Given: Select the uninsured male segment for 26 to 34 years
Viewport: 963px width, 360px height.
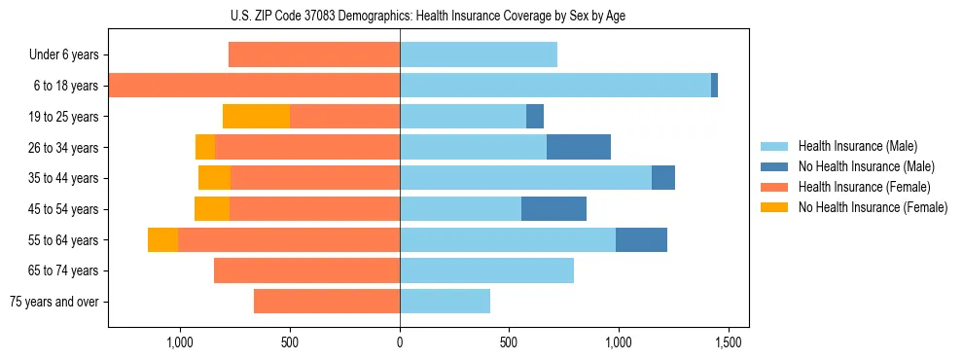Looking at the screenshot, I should point(579,147).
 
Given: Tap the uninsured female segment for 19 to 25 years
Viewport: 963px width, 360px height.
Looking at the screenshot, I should point(257,117).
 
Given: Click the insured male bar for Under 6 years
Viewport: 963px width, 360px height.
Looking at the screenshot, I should point(479,54).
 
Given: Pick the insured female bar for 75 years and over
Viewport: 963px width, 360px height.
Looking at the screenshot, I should point(327,302).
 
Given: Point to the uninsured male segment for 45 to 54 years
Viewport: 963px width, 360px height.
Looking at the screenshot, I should point(553,209).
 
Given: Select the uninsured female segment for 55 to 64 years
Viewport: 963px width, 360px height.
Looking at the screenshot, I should point(162,240).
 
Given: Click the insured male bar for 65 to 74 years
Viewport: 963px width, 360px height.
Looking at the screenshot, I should point(486,270).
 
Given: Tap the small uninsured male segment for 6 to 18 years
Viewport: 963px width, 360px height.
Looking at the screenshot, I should point(714,86).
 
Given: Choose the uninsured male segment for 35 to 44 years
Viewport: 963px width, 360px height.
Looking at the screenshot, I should point(663,178).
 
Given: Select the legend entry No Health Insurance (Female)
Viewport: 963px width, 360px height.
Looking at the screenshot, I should point(873,207).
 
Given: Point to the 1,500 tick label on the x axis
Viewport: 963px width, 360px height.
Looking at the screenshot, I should point(729,342).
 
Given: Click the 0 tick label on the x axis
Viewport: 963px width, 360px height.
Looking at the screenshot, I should point(400,342).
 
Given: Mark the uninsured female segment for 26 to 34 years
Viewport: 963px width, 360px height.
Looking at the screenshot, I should point(205,147).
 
